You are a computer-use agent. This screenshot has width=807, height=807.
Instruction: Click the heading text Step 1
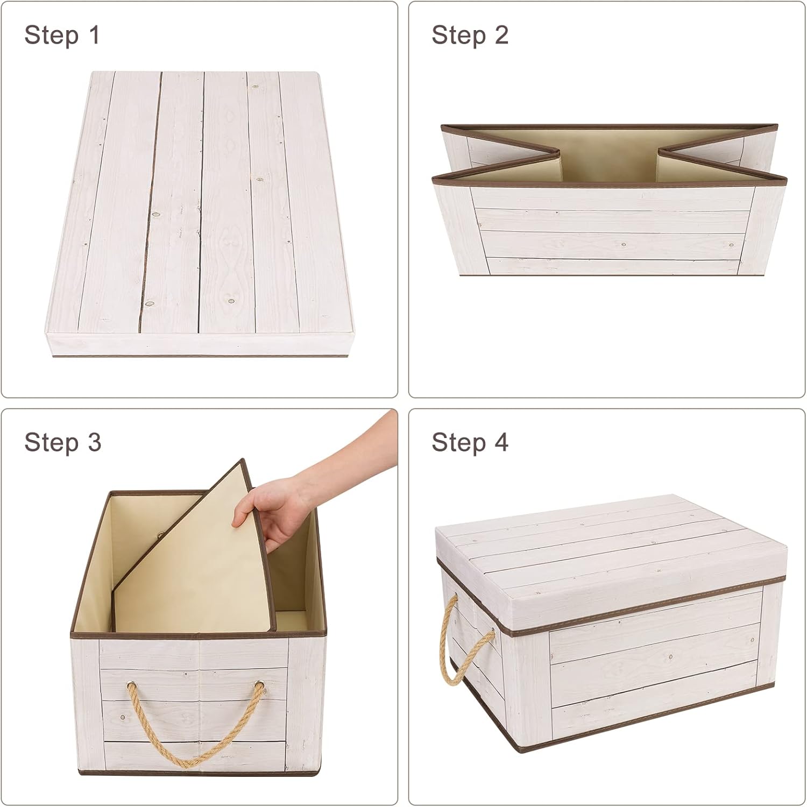62,36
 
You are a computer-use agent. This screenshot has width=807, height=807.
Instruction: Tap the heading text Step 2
470,36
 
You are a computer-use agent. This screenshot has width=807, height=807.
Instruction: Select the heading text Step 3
62,443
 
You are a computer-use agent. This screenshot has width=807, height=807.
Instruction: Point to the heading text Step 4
470,443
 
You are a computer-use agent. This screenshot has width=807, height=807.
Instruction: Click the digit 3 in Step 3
94,443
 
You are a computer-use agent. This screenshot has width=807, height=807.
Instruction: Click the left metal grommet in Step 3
131,685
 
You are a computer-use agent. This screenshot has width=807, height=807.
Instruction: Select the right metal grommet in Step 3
260,685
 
